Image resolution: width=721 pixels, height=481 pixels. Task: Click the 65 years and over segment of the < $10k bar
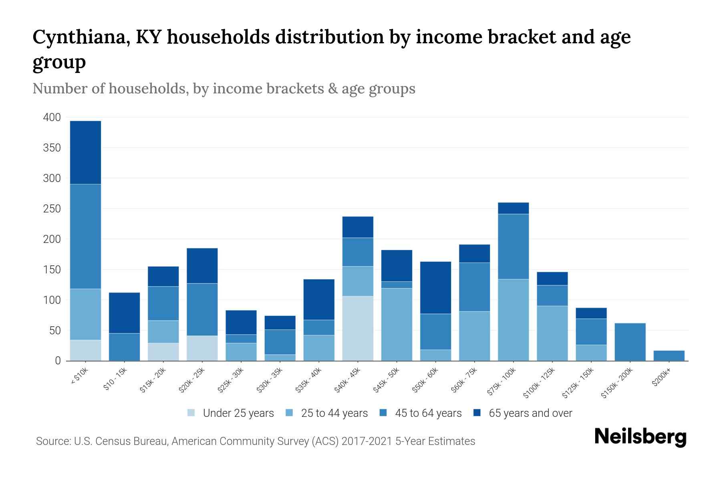(x=85, y=152)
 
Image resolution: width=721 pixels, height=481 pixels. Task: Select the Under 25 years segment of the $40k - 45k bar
(x=358, y=328)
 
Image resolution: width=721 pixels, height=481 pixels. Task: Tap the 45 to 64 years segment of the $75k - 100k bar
(x=513, y=247)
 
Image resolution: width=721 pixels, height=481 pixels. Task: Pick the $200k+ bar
(x=669, y=356)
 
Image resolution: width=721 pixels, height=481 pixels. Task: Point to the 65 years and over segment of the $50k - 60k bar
(x=435, y=287)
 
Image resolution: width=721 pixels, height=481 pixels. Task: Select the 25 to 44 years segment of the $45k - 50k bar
(x=397, y=324)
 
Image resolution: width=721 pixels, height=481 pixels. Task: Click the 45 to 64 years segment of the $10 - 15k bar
(x=124, y=347)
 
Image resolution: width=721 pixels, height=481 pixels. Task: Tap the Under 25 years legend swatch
(x=191, y=413)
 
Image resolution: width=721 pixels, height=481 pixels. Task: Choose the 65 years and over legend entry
(x=530, y=413)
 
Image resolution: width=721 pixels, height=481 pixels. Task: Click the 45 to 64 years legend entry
(x=428, y=413)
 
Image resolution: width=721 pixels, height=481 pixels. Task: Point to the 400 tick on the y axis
(x=52, y=117)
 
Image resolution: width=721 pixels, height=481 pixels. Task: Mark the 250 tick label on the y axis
(x=52, y=209)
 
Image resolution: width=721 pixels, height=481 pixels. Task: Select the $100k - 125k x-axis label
(x=539, y=383)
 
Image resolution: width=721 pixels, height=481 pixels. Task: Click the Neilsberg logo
(x=640, y=437)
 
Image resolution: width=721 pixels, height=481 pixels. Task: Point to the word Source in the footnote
(x=52, y=441)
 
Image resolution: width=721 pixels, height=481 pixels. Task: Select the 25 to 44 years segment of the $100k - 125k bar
(x=552, y=333)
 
